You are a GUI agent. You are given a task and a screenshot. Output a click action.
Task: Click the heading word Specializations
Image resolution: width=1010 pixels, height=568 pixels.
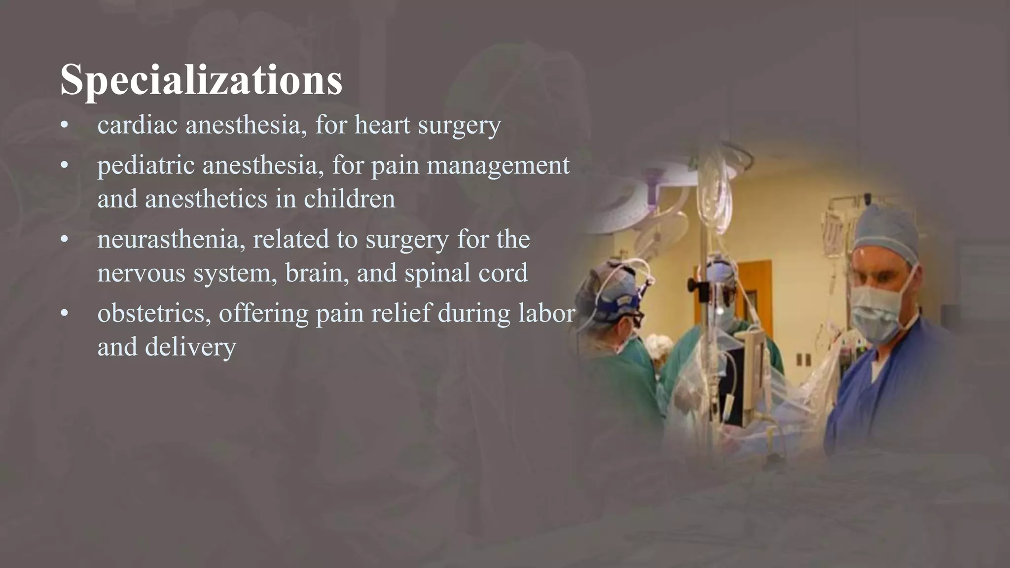coord(201,80)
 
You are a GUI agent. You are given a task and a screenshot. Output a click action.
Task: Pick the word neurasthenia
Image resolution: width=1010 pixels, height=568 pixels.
coord(171,240)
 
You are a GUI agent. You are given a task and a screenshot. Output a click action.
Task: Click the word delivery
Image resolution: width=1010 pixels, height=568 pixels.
coord(190,347)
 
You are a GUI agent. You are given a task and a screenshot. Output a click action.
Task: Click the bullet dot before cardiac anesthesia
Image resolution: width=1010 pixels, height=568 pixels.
coord(64,126)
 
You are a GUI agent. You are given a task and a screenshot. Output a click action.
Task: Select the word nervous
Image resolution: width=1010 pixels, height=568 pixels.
coord(141,273)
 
